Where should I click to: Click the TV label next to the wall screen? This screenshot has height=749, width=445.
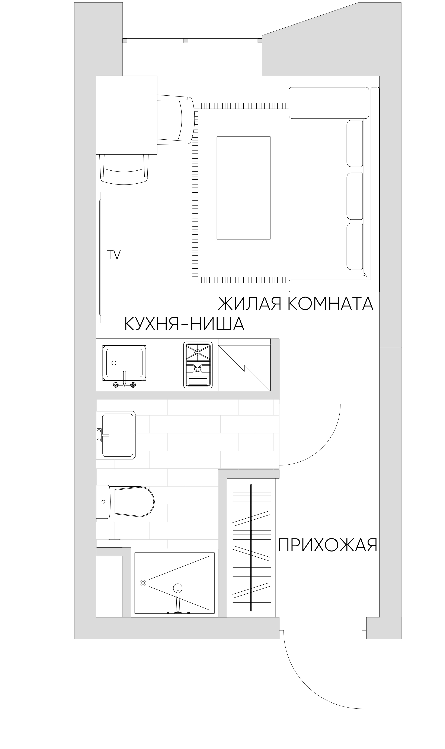[x=114, y=255]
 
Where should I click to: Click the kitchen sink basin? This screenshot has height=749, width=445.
[x=124, y=363]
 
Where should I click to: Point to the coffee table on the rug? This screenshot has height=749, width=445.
[x=243, y=188]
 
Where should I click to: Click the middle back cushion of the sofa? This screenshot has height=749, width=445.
[x=354, y=196]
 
